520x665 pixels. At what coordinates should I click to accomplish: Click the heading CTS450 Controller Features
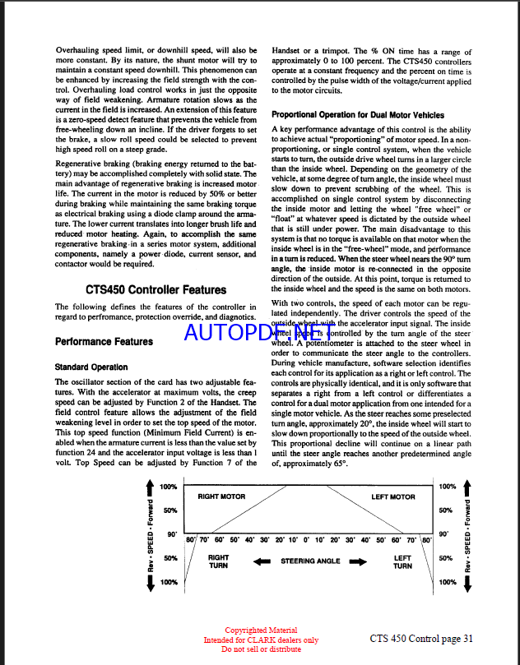click(x=156, y=289)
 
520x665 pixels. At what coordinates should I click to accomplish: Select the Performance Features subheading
click(x=104, y=341)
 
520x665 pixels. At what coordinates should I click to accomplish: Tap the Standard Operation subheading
click(x=91, y=367)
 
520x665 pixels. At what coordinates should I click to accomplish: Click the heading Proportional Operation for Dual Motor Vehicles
click(x=358, y=115)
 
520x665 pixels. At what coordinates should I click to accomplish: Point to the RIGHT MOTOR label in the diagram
click(x=221, y=496)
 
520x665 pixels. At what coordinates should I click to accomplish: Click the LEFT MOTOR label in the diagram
click(x=393, y=496)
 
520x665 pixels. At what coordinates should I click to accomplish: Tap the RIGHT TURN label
click(x=219, y=561)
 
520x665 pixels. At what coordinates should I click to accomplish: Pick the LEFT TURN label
click(x=402, y=561)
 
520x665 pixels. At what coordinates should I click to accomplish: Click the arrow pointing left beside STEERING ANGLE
click(x=262, y=561)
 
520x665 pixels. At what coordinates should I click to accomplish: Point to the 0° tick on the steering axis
click(x=308, y=540)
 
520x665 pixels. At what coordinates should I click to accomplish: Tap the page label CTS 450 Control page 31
click(x=421, y=638)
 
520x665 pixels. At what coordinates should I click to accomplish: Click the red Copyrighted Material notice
click(x=261, y=630)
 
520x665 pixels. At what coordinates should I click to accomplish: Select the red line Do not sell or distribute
click(x=261, y=649)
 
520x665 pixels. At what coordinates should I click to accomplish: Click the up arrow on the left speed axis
click(x=148, y=490)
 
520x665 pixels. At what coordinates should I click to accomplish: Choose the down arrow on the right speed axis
click(x=468, y=582)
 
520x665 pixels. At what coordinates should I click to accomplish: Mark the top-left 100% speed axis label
click(x=168, y=487)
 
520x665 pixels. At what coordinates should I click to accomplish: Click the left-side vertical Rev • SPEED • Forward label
click(x=149, y=535)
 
